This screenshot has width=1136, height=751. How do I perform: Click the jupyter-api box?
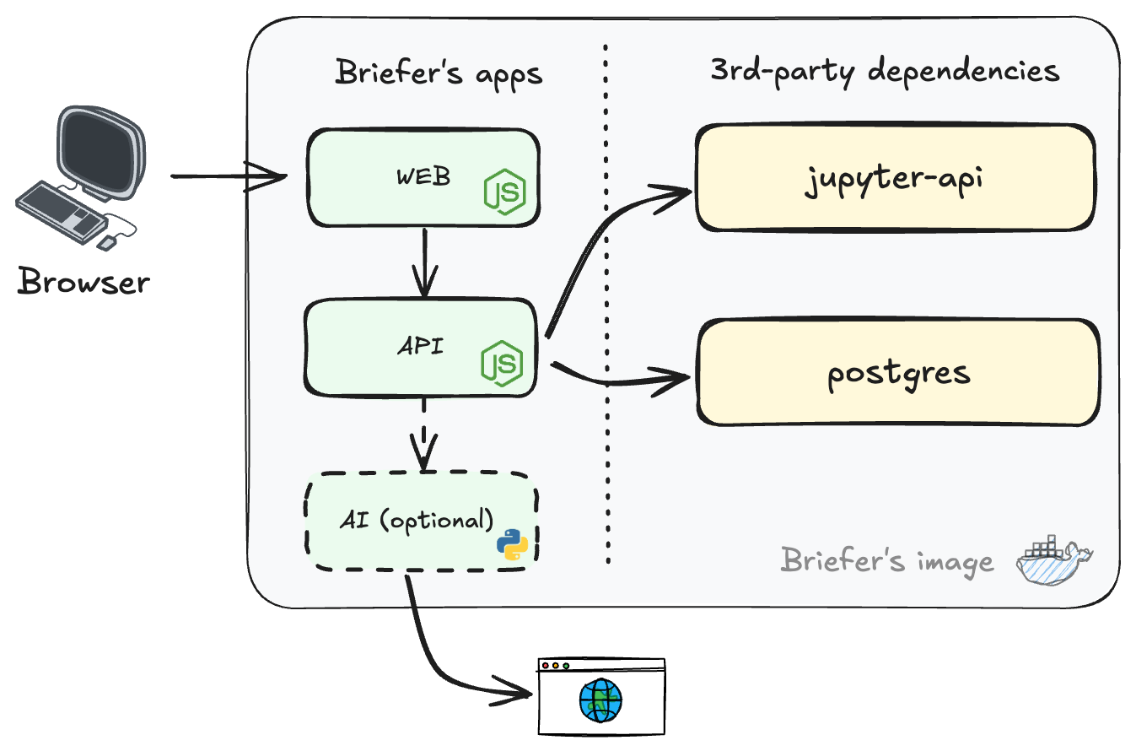coord(894,179)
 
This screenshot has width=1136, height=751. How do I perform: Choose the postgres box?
coord(898,372)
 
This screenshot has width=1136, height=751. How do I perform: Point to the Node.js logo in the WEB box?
coord(504,192)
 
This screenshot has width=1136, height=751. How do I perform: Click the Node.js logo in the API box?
coord(502,364)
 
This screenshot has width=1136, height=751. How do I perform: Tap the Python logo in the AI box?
coord(513,545)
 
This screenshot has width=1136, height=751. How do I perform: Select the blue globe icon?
coord(600,701)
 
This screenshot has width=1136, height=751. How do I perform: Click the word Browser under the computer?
coord(83,282)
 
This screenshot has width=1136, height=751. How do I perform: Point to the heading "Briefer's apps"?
coord(439,73)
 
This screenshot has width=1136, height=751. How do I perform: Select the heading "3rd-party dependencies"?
coord(885,71)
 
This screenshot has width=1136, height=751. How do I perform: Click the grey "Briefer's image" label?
coord(887,560)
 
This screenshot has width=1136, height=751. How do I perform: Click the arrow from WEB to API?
coord(423,262)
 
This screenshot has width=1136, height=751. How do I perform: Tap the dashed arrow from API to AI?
coord(423,435)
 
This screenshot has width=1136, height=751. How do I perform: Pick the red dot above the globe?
coord(546,666)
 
